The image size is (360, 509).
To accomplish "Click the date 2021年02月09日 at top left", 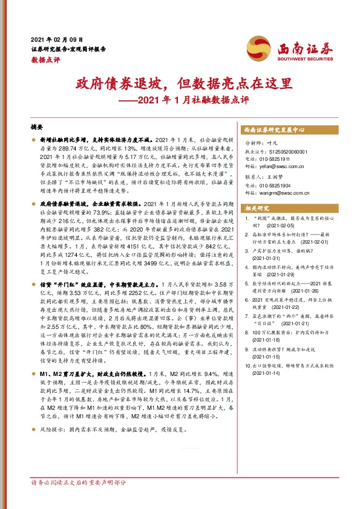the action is (x=57, y=38).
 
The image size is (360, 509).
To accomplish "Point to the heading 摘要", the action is (x=38, y=128).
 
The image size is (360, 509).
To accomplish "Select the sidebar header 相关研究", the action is (x=257, y=208).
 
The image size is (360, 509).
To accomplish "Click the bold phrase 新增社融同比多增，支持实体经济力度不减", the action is (x=91, y=139).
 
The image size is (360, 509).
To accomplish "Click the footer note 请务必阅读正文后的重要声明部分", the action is (x=78, y=499).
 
